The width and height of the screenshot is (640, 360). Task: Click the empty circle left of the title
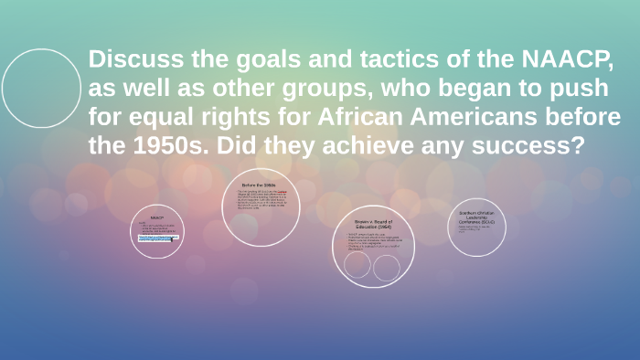point(42,89)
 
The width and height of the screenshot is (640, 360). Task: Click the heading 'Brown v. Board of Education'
point(372,225)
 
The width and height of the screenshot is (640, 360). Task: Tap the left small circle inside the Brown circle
point(357,265)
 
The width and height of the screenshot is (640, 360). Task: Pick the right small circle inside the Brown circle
point(387,268)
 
